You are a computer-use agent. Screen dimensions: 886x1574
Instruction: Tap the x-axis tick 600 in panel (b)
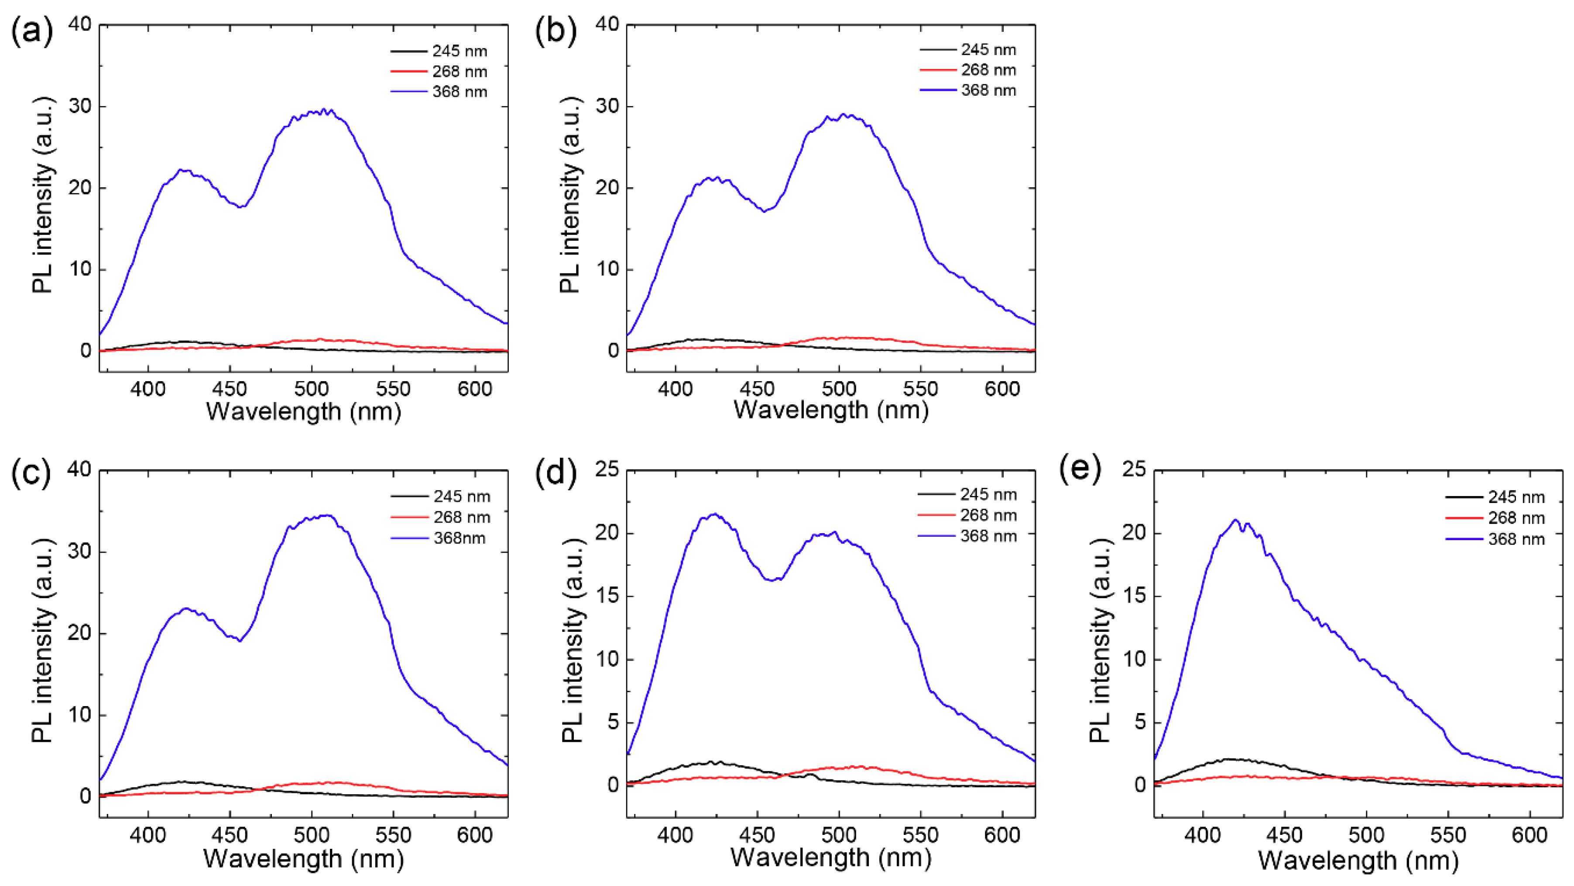[x=1002, y=389]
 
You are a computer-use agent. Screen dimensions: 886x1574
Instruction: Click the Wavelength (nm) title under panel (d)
[x=831, y=858]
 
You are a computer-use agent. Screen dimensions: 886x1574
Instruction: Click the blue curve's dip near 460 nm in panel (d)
[x=774, y=579]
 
